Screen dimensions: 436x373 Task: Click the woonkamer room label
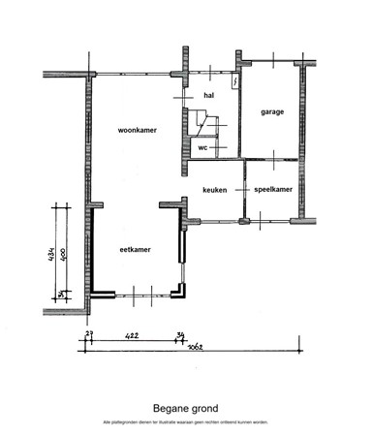click(138, 128)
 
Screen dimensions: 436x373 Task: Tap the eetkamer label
click(135, 249)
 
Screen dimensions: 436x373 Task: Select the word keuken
click(214, 190)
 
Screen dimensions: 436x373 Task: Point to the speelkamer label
click(273, 190)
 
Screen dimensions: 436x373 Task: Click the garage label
click(272, 112)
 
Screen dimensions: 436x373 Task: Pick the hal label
click(208, 95)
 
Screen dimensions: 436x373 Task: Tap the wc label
click(203, 147)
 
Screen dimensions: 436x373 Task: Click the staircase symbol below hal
click(202, 122)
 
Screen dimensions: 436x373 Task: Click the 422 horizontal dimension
click(133, 335)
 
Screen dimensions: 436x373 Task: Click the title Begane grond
click(186, 409)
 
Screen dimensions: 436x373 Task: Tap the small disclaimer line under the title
click(186, 422)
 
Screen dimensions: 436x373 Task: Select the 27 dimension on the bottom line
click(89, 334)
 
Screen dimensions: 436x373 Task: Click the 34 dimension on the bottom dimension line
click(179, 335)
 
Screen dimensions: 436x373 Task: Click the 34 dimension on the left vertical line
click(61, 294)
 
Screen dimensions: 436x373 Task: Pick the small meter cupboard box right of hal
click(235, 83)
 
